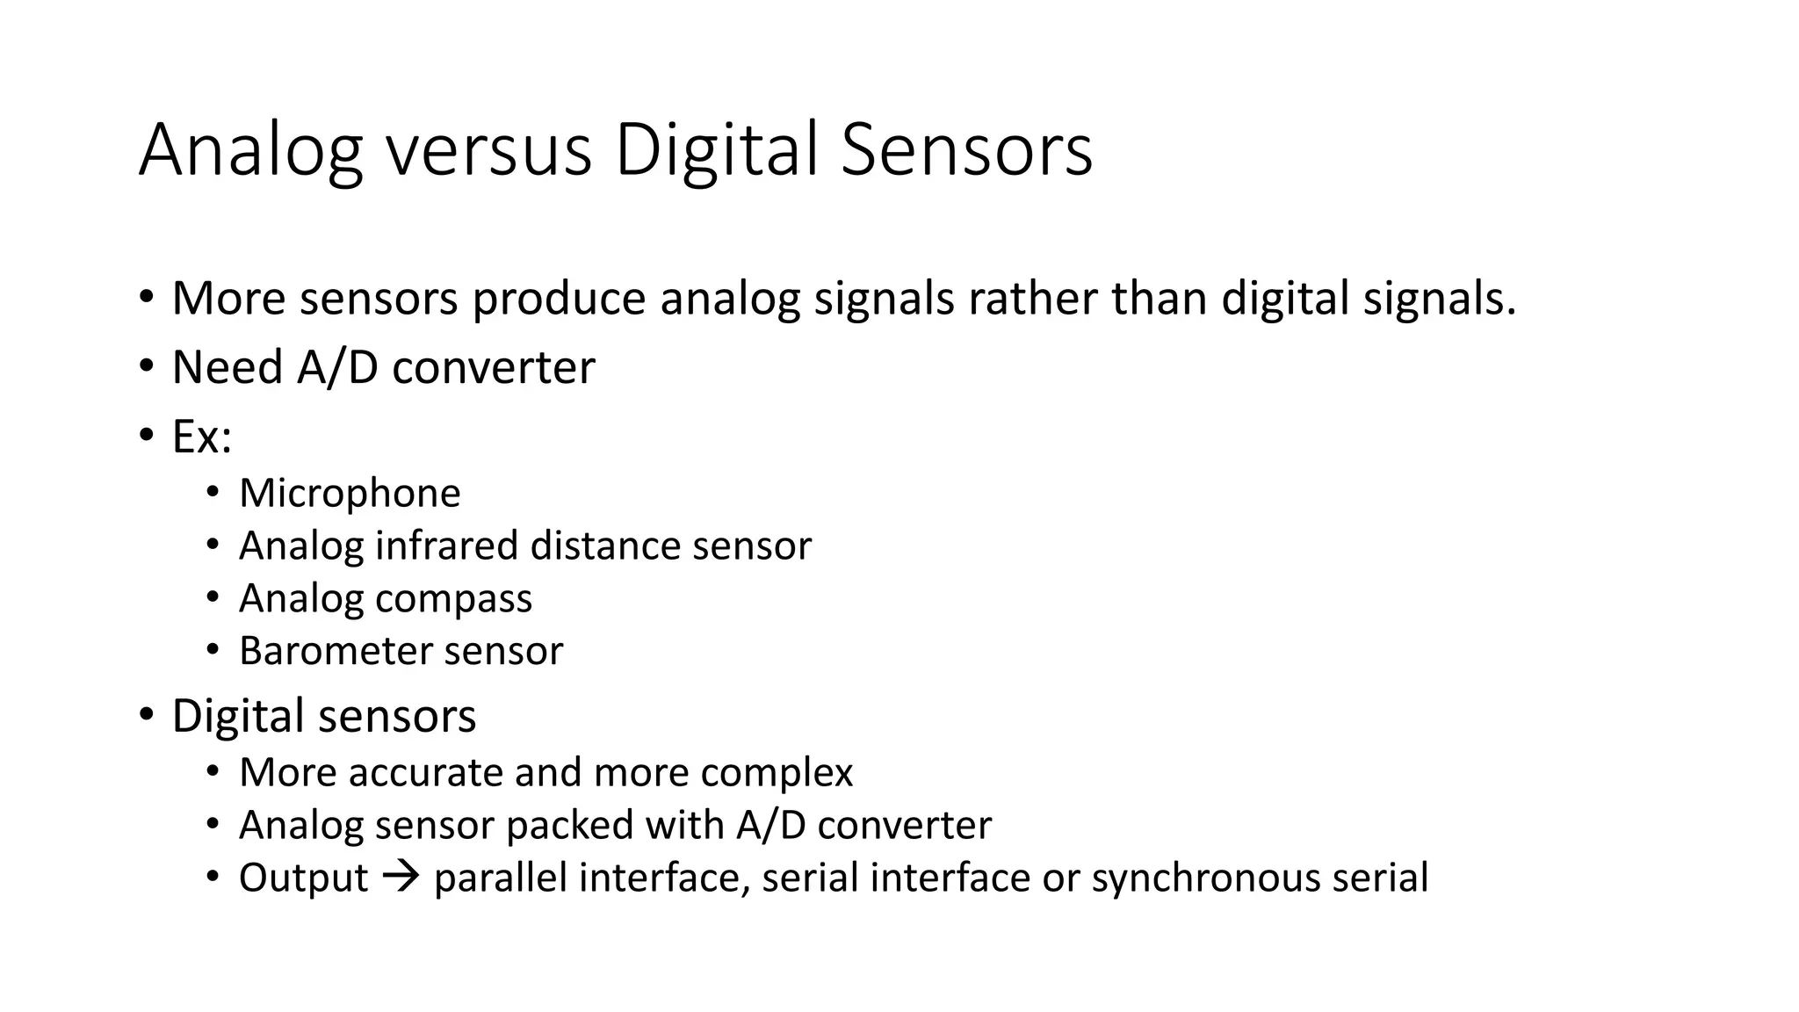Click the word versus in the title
(x=489, y=150)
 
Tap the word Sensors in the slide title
(x=966, y=150)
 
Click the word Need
(x=227, y=367)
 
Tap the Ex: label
(x=202, y=437)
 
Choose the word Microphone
(x=350, y=493)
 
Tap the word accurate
(x=425, y=773)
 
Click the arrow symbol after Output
(x=401, y=878)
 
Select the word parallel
(x=501, y=878)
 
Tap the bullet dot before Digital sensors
(x=145, y=715)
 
